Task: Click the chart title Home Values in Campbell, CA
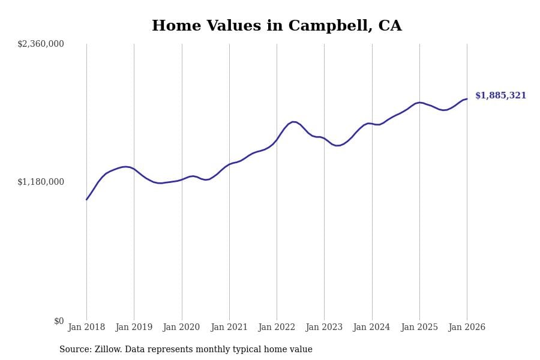(x=277, y=26)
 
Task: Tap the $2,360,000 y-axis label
(x=41, y=44)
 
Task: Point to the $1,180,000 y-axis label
(x=41, y=182)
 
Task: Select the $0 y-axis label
(x=59, y=321)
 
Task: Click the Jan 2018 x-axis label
(x=86, y=328)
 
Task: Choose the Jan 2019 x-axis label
(x=134, y=328)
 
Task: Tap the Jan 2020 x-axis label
(x=182, y=328)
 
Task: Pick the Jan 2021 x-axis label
(x=229, y=328)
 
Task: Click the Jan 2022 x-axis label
(x=277, y=328)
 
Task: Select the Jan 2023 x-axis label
(x=324, y=328)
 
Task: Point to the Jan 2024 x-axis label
(x=372, y=328)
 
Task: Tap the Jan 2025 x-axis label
(x=419, y=328)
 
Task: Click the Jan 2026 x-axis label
(x=467, y=328)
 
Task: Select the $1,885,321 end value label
(x=500, y=96)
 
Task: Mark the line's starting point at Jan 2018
(x=86, y=199)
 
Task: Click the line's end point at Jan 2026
(x=467, y=99)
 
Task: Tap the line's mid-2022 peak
(x=293, y=122)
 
